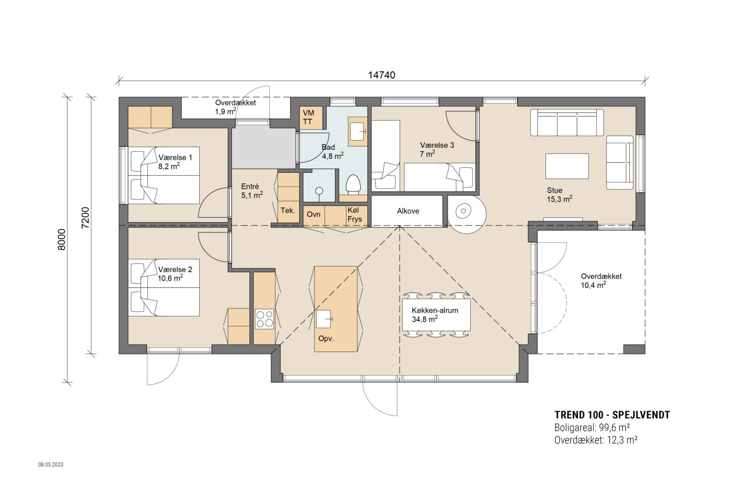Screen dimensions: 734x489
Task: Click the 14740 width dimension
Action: click(x=382, y=75)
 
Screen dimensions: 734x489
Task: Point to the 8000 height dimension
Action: click(x=61, y=240)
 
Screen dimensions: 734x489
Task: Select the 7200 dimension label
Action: click(x=85, y=218)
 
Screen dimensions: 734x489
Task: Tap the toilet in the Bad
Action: click(x=353, y=185)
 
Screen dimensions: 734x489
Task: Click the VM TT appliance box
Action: click(x=311, y=117)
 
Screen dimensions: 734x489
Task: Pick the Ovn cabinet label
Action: click(x=314, y=214)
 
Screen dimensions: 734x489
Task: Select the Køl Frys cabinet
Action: click(x=357, y=216)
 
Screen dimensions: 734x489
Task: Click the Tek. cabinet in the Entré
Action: click(x=288, y=210)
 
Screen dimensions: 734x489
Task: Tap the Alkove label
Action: click(x=408, y=211)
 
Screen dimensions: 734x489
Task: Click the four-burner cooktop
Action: click(x=264, y=319)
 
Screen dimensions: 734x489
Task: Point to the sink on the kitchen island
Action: click(x=324, y=319)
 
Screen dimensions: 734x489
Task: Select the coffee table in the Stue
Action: click(x=567, y=166)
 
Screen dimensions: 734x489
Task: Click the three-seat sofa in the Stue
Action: click(x=567, y=122)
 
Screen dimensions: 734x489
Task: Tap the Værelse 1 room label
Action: click(x=175, y=158)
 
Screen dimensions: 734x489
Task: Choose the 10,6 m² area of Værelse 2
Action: click(x=170, y=278)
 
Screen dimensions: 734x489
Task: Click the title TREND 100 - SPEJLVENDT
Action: click(x=612, y=415)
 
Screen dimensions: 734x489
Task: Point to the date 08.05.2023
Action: click(x=51, y=464)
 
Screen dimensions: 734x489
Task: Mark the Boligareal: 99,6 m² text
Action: click(x=592, y=428)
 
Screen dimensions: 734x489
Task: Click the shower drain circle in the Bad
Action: click(x=319, y=191)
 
